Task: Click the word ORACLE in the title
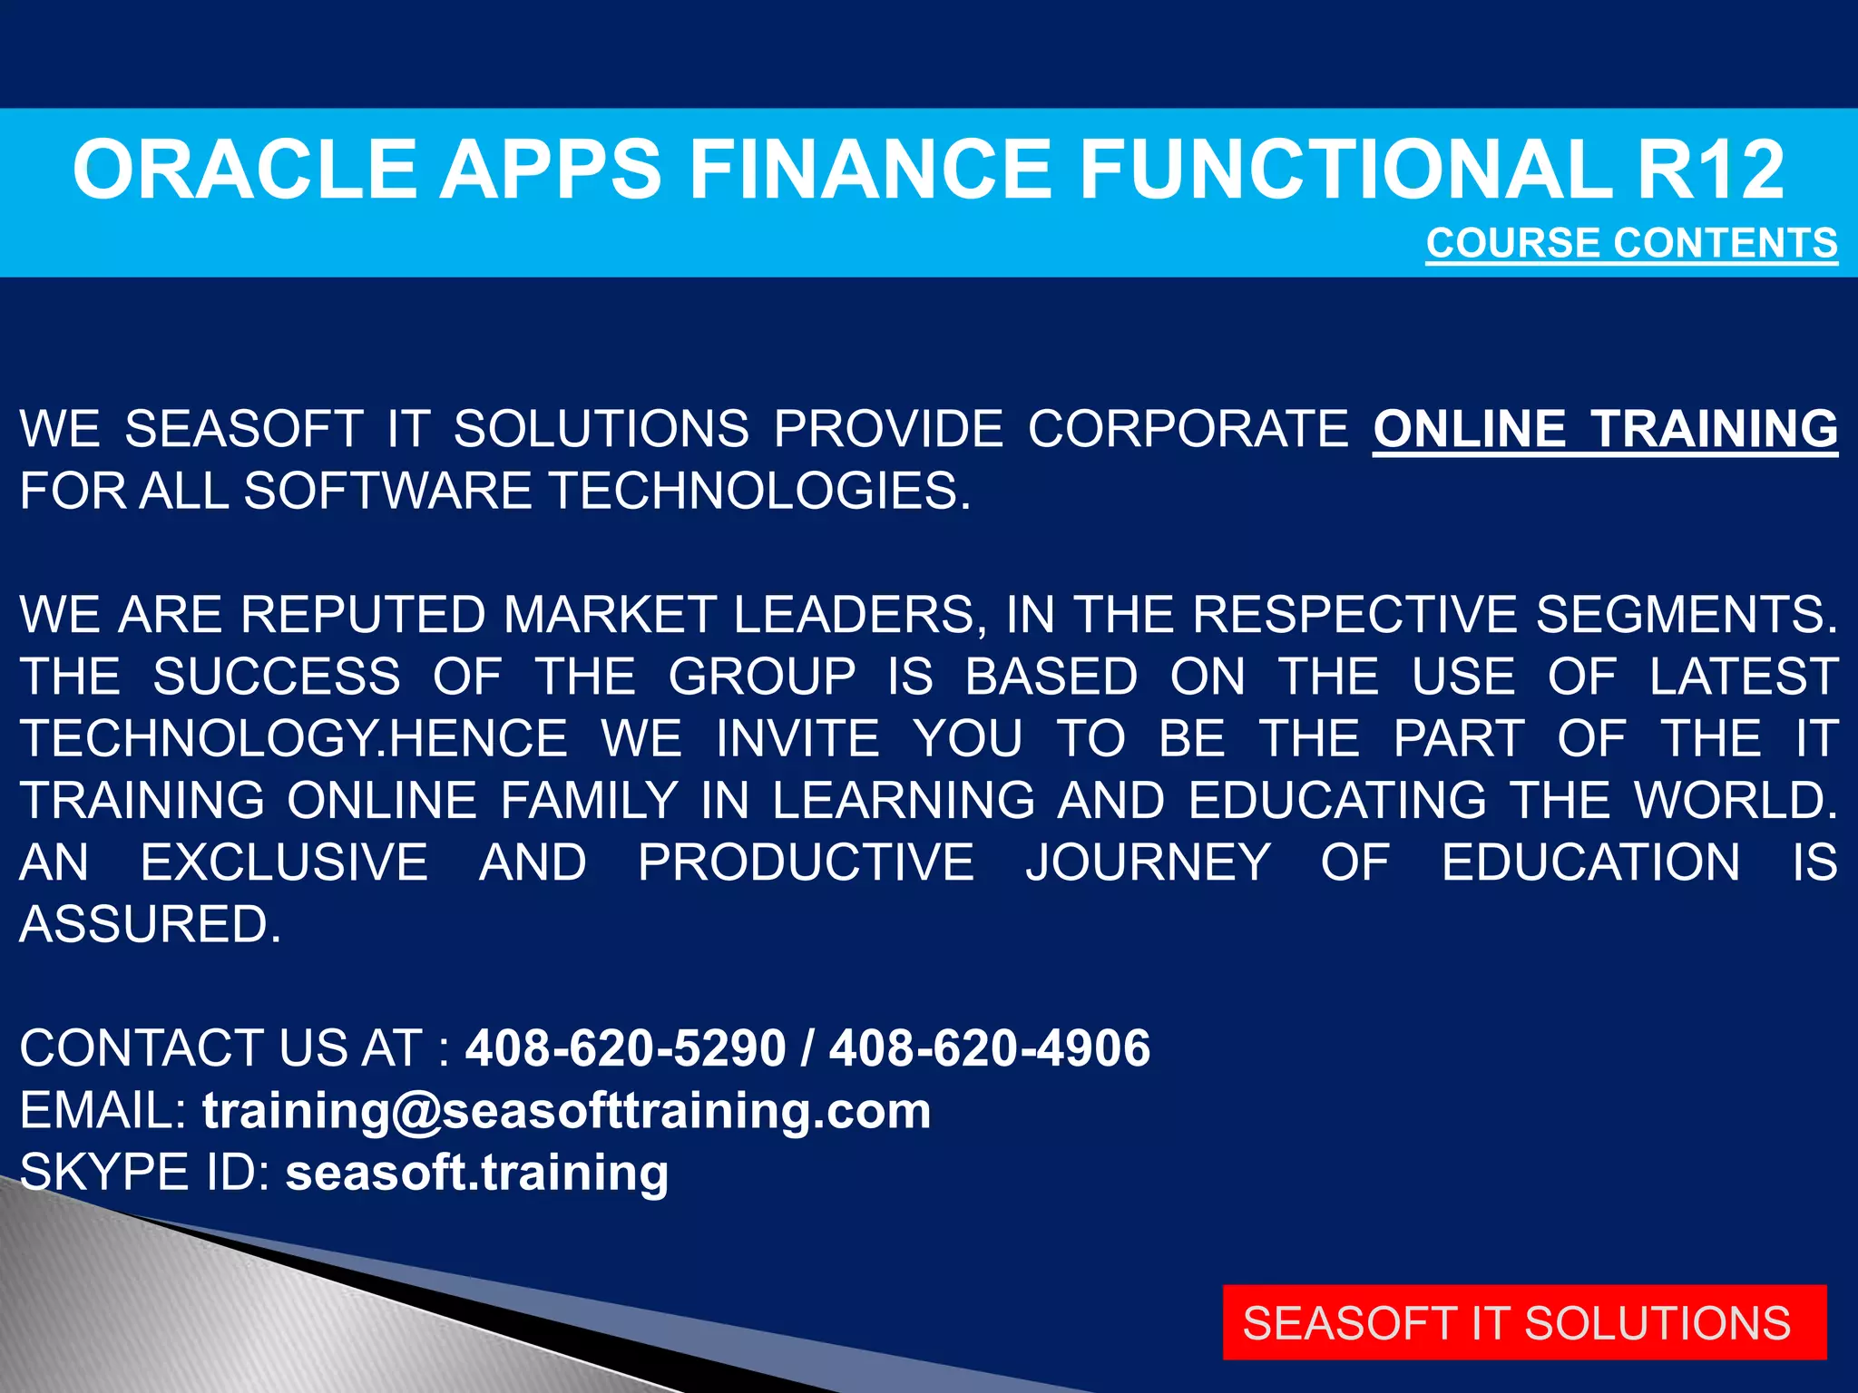(x=246, y=170)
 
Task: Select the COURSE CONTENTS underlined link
(x=1631, y=243)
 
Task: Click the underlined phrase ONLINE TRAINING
(x=1605, y=429)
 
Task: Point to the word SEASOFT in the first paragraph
(x=243, y=429)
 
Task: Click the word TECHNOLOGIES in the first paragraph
(x=760, y=492)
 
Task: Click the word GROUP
(x=762, y=677)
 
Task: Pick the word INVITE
(x=797, y=738)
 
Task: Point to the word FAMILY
(x=589, y=801)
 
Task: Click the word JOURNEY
(x=1148, y=862)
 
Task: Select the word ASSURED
(x=151, y=924)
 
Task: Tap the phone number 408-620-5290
(x=625, y=1048)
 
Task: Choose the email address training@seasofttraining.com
(x=566, y=1111)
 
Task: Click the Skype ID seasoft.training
(x=477, y=1173)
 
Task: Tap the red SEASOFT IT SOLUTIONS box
(x=1524, y=1322)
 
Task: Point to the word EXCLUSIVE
(x=284, y=862)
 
